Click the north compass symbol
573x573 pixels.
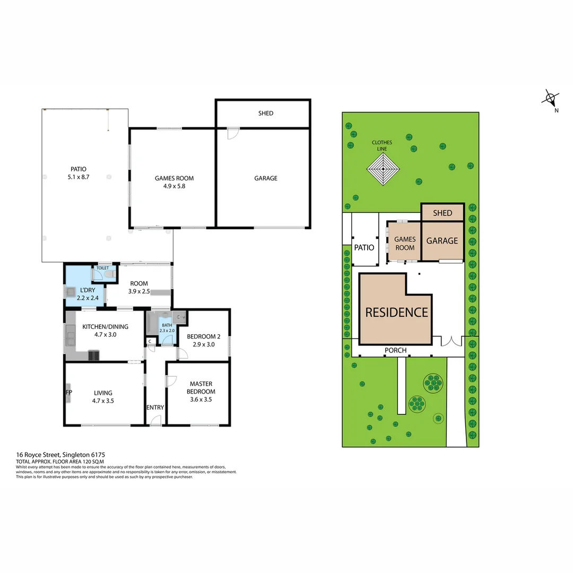pos(551,99)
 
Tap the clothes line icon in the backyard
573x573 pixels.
pos(382,170)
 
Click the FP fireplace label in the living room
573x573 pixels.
pos(68,393)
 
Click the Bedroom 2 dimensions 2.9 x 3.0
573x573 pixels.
pos(204,344)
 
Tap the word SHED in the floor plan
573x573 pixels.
pos(266,113)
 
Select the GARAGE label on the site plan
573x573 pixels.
pos(442,240)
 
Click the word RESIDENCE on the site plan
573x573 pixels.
pos(396,312)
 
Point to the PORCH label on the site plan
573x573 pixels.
pos(396,350)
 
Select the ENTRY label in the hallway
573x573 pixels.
pos(155,407)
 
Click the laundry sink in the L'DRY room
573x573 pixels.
pos(71,291)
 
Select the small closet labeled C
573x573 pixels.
pos(150,341)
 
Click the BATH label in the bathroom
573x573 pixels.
pos(167,325)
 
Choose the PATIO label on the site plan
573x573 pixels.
pos(364,247)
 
